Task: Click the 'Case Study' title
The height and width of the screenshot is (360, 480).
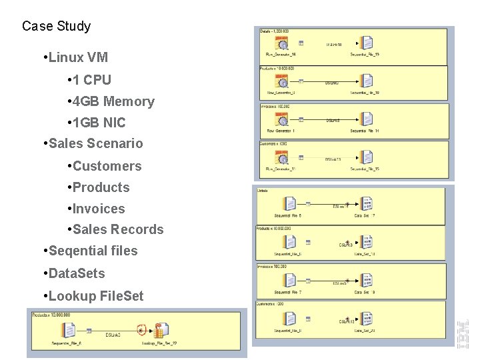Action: pyautogui.click(x=56, y=27)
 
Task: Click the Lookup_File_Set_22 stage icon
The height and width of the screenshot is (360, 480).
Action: pyautogui.click(x=159, y=330)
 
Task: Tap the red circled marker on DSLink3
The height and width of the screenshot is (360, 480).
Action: pyautogui.click(x=141, y=329)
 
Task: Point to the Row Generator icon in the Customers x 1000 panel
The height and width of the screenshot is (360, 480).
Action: pyautogui.click(x=283, y=158)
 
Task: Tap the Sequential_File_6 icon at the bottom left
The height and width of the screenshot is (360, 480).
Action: pyautogui.click(x=68, y=330)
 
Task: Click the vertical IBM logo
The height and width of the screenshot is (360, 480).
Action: pyautogui.click(x=463, y=333)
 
